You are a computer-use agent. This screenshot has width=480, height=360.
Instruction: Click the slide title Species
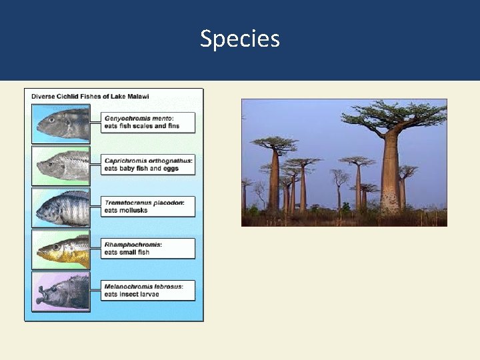(240, 39)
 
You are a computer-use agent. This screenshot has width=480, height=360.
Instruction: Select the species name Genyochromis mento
(137, 118)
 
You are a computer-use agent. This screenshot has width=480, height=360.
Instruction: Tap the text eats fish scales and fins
(141, 126)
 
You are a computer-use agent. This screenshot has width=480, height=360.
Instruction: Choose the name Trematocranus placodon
(144, 202)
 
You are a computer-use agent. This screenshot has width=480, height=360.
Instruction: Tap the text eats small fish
(126, 252)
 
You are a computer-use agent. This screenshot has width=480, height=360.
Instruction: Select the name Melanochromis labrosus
(143, 286)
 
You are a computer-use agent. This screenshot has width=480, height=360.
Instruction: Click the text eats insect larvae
(131, 294)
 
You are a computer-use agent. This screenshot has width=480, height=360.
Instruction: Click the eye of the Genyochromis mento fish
(51, 120)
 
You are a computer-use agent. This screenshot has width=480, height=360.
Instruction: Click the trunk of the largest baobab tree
(391, 177)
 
